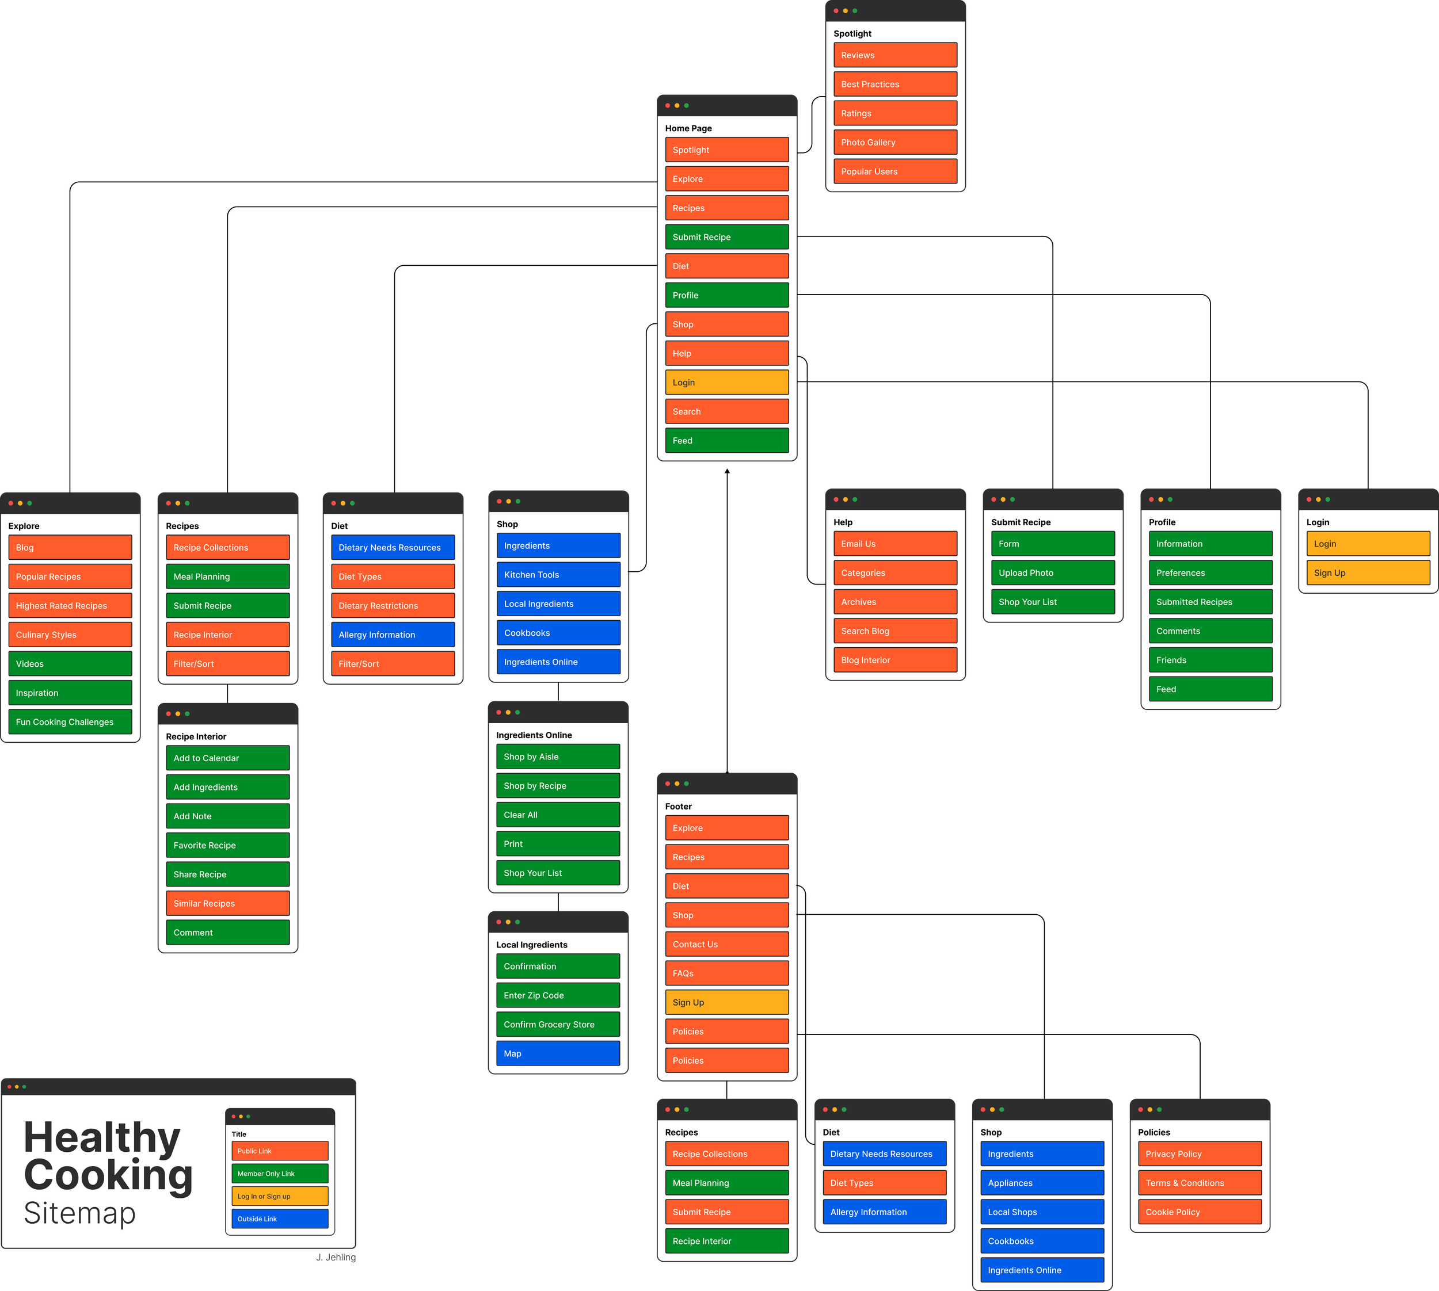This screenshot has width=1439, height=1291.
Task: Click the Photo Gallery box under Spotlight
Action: pos(894,143)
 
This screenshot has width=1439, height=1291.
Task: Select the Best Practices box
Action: pos(894,85)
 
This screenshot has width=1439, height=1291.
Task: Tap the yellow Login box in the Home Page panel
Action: pos(726,383)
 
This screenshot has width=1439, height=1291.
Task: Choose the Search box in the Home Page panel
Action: pos(726,411)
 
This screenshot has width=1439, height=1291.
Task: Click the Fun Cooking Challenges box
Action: pos(70,722)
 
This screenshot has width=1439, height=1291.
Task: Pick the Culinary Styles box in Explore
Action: pos(70,635)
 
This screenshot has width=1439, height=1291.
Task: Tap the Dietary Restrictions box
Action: pos(393,606)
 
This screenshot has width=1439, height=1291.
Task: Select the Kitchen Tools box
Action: pos(558,575)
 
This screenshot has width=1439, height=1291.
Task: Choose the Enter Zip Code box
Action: pos(558,995)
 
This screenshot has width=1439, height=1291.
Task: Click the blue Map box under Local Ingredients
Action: pos(558,1053)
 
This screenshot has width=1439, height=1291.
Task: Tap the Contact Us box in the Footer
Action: pos(726,944)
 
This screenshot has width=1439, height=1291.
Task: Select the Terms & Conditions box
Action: pos(1199,1183)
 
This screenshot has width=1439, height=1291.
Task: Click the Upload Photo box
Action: pos(1052,573)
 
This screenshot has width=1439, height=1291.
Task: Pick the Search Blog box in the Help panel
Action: pos(894,631)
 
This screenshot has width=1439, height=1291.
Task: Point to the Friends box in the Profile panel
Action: pos(1210,660)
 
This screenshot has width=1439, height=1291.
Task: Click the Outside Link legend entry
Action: pos(280,1219)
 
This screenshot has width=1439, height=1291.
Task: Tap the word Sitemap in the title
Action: pos(79,1213)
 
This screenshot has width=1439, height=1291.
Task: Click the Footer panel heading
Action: pos(679,807)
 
